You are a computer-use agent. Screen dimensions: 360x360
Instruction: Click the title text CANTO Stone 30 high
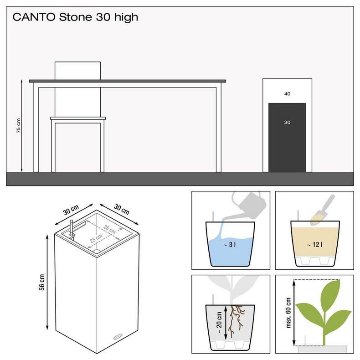click(75, 18)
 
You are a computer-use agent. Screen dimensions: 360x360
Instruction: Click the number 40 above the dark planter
click(287, 94)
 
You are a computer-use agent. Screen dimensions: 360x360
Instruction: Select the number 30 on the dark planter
click(287, 122)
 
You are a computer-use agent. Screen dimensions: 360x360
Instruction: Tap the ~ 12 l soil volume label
click(315, 245)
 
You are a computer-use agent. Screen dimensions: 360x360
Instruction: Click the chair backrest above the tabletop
click(77, 70)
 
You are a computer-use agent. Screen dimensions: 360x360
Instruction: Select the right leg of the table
click(219, 128)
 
